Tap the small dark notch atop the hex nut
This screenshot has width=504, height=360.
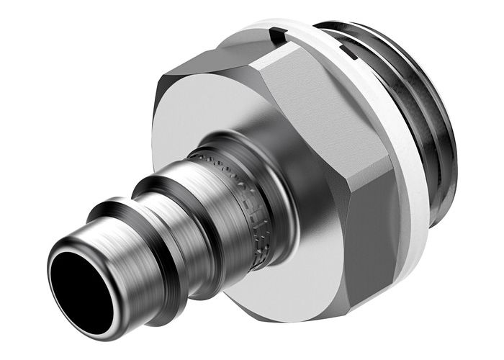276,32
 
